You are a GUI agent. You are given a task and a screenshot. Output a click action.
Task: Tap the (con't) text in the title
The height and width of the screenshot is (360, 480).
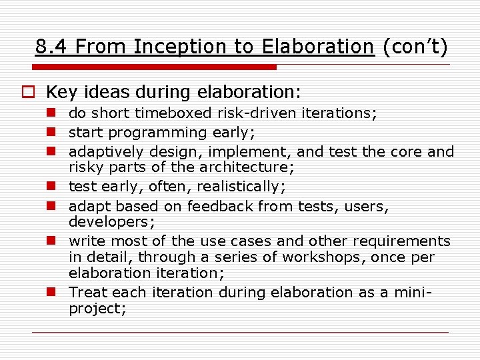pos(415,47)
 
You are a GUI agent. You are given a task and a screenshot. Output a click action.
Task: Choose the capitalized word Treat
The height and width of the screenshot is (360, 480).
pos(88,293)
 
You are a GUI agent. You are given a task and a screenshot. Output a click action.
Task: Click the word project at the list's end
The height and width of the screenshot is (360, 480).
pos(95,308)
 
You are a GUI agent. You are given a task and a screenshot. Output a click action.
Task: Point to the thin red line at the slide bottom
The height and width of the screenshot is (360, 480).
pos(240,331)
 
